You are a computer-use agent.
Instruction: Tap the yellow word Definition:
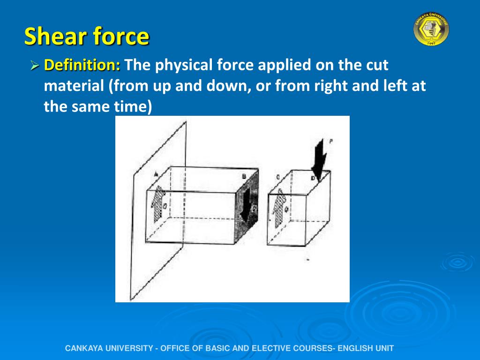pos(82,65)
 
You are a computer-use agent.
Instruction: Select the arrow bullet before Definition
pos(34,66)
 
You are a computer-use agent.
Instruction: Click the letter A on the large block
pos(156,174)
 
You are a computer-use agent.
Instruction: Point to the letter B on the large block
pos(244,177)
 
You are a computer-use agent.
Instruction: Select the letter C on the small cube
pos(278,177)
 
